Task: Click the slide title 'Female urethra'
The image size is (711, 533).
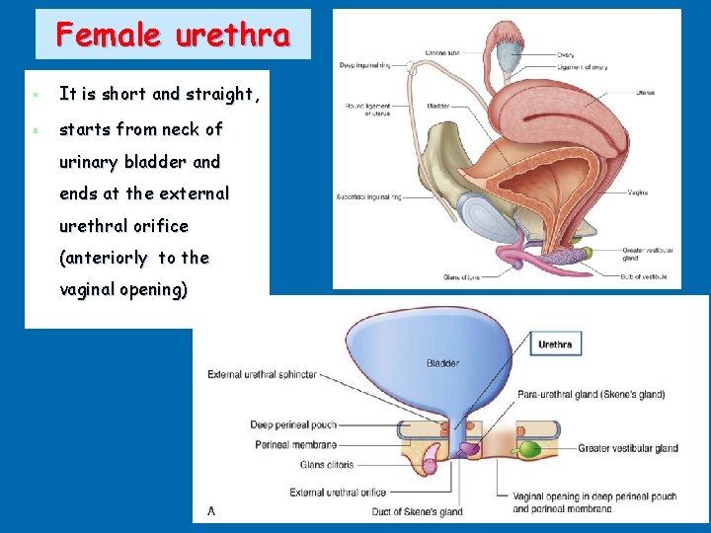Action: tap(173, 36)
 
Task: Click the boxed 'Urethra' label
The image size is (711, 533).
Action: tap(555, 344)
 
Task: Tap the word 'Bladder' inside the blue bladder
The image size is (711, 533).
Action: tap(442, 363)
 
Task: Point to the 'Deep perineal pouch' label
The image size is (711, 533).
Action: tap(293, 425)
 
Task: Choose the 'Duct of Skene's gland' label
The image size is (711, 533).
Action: tap(417, 511)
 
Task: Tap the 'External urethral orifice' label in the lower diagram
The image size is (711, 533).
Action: tap(338, 492)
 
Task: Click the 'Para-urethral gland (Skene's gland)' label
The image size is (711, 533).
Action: tap(591, 394)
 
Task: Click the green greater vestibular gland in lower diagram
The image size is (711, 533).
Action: tap(530, 449)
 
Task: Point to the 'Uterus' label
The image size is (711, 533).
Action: tap(645, 94)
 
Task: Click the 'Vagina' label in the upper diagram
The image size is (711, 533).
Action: tap(638, 192)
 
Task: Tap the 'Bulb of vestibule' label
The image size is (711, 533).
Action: tap(645, 276)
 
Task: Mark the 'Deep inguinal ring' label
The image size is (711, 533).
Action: tap(363, 65)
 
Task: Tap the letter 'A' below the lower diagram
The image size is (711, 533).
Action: tap(211, 510)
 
